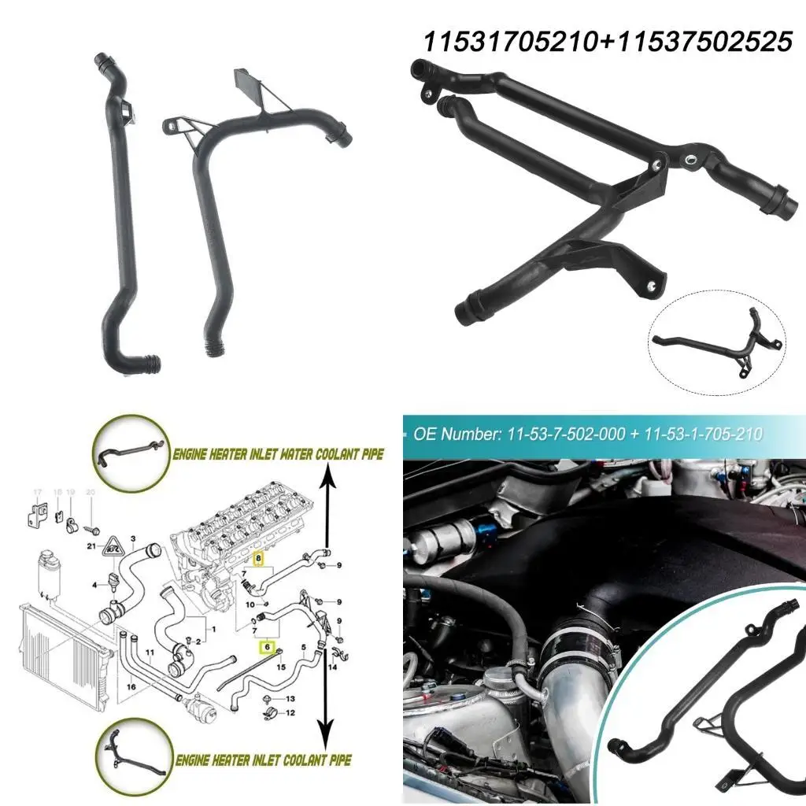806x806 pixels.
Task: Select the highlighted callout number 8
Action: (257, 560)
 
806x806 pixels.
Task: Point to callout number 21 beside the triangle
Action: (92, 545)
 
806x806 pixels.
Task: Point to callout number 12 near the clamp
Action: (290, 713)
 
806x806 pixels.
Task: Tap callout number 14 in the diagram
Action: (332, 667)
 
